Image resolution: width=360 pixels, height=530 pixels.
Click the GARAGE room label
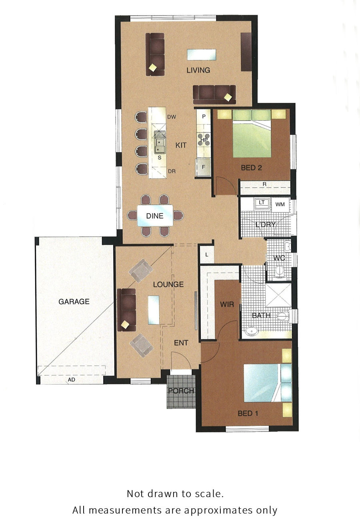coord(74,301)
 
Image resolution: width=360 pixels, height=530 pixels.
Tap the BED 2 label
coord(251,168)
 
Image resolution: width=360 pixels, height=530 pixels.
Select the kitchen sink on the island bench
coord(160,143)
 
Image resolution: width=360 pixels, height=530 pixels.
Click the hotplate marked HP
coord(204,140)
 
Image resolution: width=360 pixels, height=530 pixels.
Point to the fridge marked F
coord(203,167)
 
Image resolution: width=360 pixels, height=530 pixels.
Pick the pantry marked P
coord(204,117)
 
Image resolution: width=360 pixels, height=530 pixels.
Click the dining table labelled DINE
coord(155,215)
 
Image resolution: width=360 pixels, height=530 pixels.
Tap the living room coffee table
coord(201,54)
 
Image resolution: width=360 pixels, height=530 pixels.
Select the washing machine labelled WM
coord(280,204)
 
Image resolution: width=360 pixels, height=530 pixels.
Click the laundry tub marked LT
coord(262,203)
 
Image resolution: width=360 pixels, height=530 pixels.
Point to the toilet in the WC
coord(279,271)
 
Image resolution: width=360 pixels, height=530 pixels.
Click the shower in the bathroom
coord(278,295)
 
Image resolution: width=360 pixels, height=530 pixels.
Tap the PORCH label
coord(181,391)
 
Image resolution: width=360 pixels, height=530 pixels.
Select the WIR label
coord(227,304)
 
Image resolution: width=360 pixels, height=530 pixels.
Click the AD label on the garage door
coord(71,379)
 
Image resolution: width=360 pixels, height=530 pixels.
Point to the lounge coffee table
coord(154,310)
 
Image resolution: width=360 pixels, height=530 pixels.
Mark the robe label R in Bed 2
coord(264,184)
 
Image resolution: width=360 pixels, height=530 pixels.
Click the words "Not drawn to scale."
coord(175,494)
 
